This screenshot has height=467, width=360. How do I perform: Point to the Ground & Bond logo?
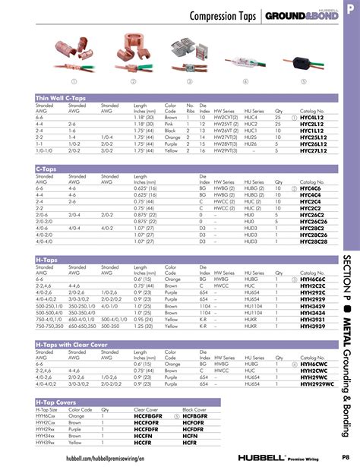coord(296,17)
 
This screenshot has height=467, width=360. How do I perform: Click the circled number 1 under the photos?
coord(74,81)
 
